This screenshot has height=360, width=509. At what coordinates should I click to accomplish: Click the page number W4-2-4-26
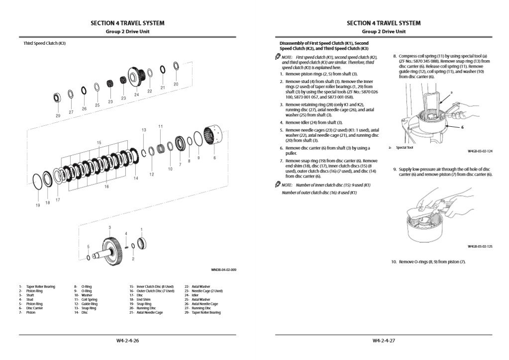pos(127,341)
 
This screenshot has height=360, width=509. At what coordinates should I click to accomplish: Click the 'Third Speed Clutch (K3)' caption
pos(45,43)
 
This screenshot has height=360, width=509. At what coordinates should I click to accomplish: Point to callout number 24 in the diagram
pos(136,94)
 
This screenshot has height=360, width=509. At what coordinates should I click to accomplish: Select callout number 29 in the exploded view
pos(58,115)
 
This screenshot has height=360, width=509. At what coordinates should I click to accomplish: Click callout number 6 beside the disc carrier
pos(214,158)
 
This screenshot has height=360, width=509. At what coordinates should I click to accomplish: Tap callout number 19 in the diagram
pos(37,205)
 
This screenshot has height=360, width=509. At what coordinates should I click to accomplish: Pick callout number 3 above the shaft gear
pos(109,227)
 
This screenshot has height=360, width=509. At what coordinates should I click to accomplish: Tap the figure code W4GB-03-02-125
pos(480,246)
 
